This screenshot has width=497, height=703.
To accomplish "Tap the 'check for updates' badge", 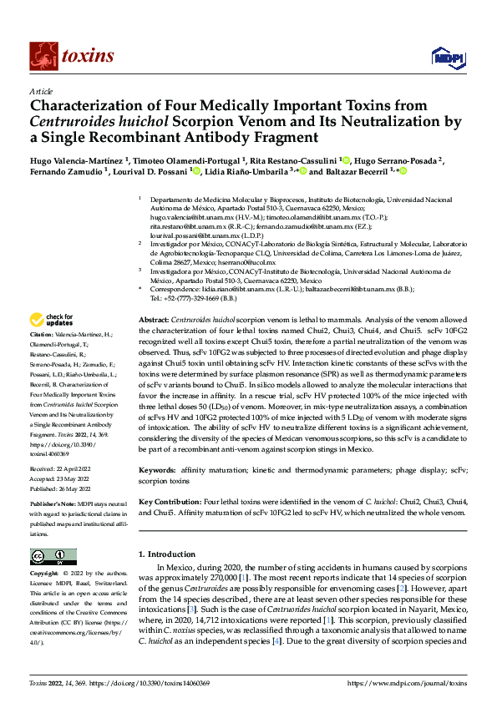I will point(51,320).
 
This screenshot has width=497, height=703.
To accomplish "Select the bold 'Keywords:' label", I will point(157,470).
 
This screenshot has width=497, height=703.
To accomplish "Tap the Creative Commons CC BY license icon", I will point(53,557).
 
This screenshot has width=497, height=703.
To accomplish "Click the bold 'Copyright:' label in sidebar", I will point(47,574).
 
